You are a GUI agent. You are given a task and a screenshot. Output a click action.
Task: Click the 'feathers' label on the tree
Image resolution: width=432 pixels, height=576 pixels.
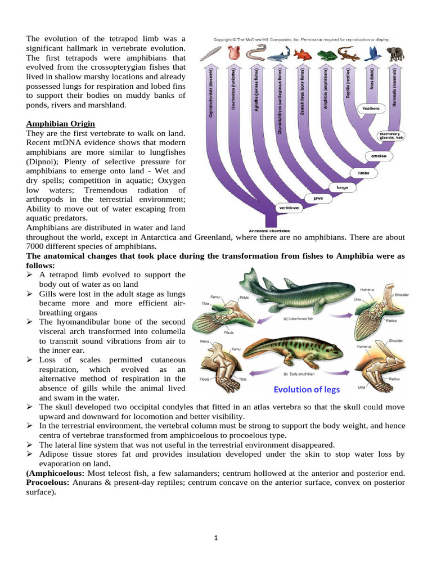click(x=371, y=108)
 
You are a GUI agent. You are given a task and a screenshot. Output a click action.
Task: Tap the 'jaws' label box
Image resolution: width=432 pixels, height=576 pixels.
click(x=319, y=198)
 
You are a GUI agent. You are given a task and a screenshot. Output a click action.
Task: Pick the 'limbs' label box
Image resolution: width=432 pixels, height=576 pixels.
click(x=363, y=173)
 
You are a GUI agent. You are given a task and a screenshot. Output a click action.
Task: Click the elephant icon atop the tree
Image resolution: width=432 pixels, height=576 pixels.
click(x=397, y=53)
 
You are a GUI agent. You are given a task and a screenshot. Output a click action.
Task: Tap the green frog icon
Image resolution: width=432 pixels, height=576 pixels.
click(x=325, y=55)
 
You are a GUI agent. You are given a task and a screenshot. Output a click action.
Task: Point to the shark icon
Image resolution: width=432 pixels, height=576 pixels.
click(x=278, y=55)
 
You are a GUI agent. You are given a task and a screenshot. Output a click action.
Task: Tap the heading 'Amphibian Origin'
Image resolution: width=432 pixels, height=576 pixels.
click(x=60, y=123)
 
